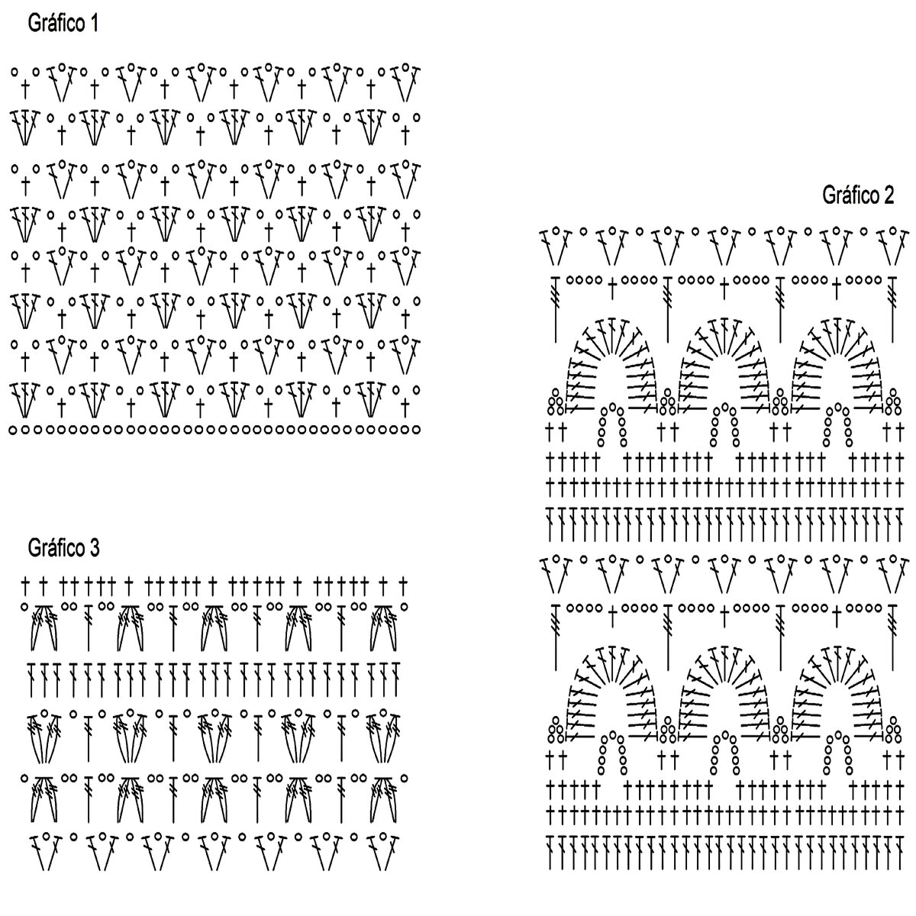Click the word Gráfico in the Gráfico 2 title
click(x=850, y=196)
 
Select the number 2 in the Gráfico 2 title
click(x=888, y=196)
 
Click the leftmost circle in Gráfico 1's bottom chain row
click(x=13, y=431)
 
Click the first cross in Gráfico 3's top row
click(x=25, y=585)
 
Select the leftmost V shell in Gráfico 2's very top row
click(x=556, y=242)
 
